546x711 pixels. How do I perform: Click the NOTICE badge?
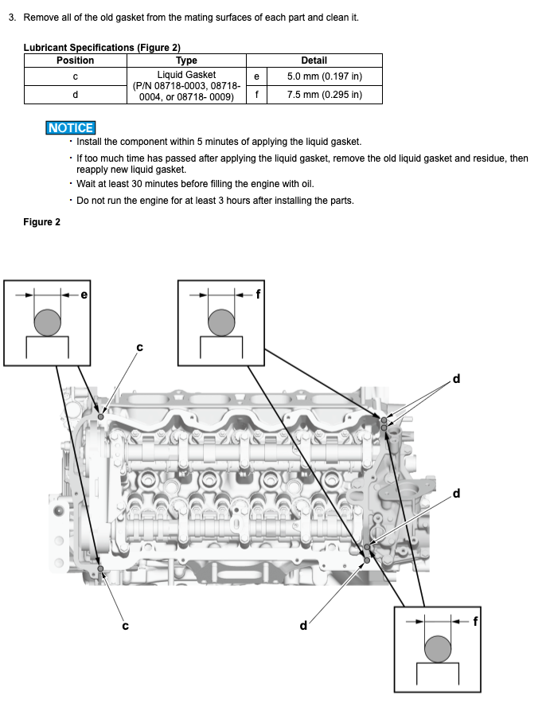71,127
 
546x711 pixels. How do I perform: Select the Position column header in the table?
75,61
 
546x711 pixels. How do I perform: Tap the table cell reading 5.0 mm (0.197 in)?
324,77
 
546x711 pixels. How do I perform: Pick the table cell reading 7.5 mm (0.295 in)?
324,95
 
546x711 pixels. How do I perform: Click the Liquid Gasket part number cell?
186,86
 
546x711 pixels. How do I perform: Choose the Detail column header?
314,61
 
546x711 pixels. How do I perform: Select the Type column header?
186,61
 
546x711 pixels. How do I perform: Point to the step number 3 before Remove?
12,18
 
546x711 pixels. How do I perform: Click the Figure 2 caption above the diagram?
41,222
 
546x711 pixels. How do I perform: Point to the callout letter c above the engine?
140,346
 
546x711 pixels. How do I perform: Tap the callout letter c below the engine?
125,625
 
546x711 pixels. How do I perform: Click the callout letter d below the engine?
302,625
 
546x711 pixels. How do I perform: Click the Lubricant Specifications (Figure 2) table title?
102,48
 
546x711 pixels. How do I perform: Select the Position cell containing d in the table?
75,95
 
